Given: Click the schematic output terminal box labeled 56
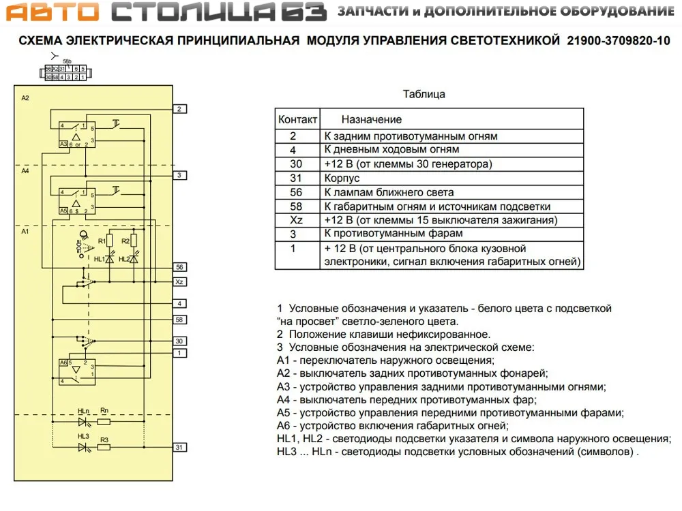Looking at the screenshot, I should [x=179, y=267].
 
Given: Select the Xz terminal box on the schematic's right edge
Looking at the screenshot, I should [x=179, y=281].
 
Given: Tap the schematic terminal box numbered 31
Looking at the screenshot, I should [x=179, y=447].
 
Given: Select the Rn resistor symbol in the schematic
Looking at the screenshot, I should [x=104, y=421].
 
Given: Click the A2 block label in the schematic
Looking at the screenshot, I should [x=25, y=98].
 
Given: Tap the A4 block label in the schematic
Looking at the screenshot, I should [x=25, y=171].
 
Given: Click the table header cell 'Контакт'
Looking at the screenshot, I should [x=297, y=119].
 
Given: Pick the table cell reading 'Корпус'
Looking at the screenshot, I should [x=342, y=178].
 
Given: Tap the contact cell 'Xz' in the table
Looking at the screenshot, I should [x=297, y=220].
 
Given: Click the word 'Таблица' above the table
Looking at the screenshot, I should [x=424, y=94].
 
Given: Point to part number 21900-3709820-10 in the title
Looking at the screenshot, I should [x=619, y=41].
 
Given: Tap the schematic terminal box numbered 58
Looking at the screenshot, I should [x=179, y=319].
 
